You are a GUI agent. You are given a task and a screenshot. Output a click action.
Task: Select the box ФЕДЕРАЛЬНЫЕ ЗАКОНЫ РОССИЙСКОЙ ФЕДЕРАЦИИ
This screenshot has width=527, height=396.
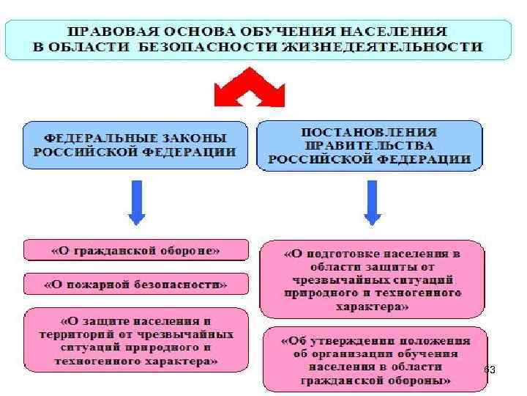pos(135,146)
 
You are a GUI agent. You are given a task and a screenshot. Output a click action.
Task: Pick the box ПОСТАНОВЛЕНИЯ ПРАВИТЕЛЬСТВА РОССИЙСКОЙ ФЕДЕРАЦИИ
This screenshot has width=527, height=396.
pos(370,145)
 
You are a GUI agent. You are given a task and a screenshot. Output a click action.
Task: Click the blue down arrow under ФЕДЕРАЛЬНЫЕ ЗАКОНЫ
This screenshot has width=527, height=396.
pos(136,202)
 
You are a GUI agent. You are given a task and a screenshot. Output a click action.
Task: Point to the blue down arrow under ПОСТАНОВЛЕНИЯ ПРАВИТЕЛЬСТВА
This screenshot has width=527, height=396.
pos(372,202)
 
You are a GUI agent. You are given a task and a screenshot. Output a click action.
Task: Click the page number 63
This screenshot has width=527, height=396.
pos(490,370)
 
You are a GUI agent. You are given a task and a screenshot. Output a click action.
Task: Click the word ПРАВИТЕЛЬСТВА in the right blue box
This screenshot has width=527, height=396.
pos(370,145)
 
